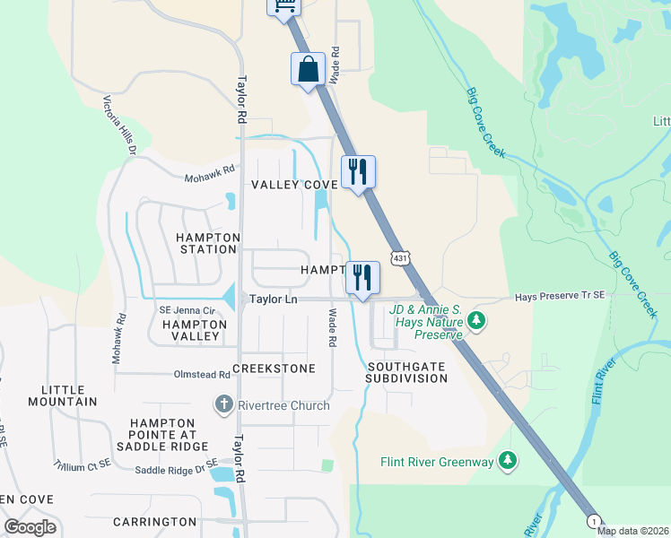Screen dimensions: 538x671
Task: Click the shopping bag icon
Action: tap(308, 69)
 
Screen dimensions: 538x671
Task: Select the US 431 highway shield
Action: tap(400, 256)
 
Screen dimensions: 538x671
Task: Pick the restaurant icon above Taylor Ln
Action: tap(362, 277)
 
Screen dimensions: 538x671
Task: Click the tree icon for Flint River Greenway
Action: tap(509, 461)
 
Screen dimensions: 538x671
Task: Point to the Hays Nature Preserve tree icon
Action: tap(477, 320)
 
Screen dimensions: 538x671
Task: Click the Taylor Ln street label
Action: tap(273, 299)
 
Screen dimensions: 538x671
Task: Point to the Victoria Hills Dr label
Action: tap(119, 125)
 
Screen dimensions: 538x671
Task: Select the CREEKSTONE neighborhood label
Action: tap(274, 369)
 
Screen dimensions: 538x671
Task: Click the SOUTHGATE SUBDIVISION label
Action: tap(406, 372)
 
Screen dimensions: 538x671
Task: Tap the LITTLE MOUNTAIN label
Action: tap(69, 395)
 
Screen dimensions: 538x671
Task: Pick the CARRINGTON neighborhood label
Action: tap(154, 521)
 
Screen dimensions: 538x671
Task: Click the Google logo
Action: tap(30, 527)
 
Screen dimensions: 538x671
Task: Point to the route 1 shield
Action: tap(593, 521)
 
